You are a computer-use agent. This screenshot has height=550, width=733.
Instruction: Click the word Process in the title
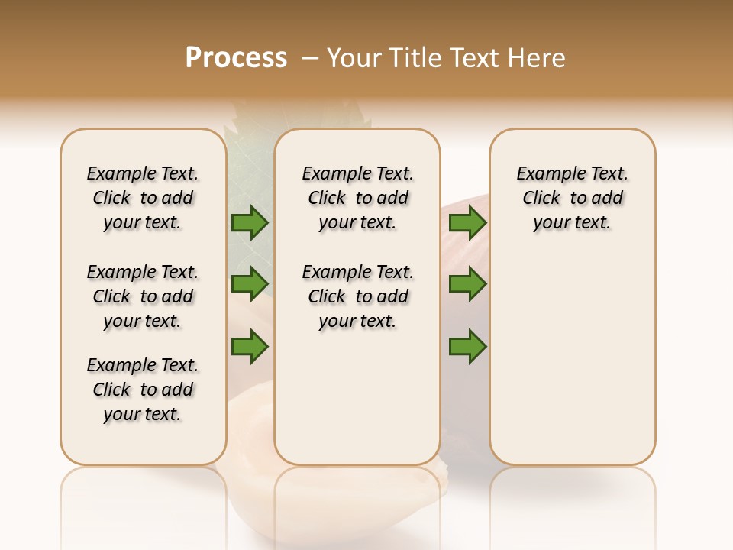pos(236,58)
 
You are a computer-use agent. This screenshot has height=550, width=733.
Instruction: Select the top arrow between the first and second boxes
pos(250,223)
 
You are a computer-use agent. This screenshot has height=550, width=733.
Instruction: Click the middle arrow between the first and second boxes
pos(250,285)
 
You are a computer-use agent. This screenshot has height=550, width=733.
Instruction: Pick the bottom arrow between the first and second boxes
pos(250,346)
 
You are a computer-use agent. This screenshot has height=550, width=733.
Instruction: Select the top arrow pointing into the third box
pos(467,223)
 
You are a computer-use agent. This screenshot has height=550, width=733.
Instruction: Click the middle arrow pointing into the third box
pos(467,285)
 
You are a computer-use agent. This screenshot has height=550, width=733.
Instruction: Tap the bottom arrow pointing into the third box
pos(467,346)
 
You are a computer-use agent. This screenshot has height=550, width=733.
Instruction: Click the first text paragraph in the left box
pos(143,198)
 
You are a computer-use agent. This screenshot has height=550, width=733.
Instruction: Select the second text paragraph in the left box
pos(143,296)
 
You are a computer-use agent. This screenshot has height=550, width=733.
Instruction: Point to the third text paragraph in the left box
pos(143,390)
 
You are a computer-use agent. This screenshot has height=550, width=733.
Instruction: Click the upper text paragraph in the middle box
pos(357,198)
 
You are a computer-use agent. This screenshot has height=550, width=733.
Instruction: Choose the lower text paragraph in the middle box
pos(357,296)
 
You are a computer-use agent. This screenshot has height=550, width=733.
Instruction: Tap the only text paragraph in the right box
pos(572,198)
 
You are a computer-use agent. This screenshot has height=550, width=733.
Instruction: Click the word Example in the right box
pos(545,173)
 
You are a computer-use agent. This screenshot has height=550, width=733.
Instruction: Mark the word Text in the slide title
pos(474,58)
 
